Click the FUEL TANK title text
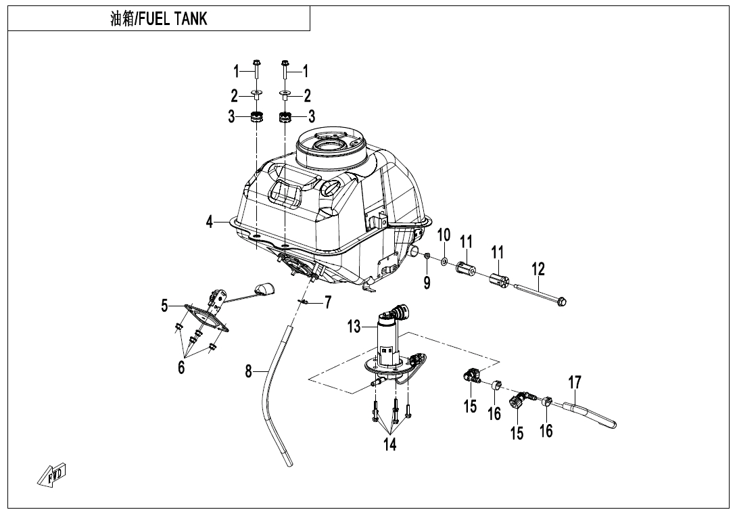point(159,19)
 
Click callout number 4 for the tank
point(210,221)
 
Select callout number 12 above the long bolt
point(538,269)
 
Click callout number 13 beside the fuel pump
point(354,327)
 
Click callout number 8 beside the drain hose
point(249,371)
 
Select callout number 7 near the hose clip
point(328,302)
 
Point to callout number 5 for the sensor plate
point(164,306)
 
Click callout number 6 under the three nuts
point(181,367)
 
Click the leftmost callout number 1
point(237,70)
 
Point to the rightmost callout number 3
point(312,116)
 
